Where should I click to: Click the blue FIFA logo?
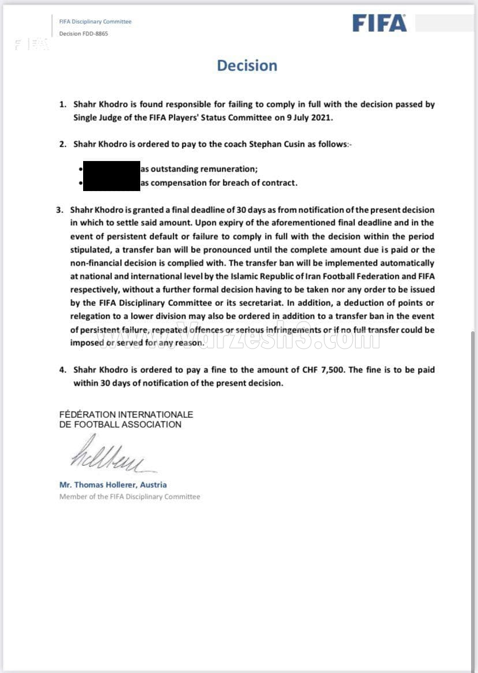point(379,23)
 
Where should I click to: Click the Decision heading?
point(247,65)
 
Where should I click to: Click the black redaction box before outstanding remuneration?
point(111,169)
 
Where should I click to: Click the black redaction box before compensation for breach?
point(111,183)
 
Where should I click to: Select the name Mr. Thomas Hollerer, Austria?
point(113,485)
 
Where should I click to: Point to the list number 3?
point(59,210)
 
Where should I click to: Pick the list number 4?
point(62,369)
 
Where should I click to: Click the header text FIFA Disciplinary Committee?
point(95,21)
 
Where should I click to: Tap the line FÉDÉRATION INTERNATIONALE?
point(126,414)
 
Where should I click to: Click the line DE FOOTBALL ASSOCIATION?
point(120,424)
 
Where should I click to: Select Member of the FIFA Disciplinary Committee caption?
point(129,496)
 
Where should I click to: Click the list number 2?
point(62,144)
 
